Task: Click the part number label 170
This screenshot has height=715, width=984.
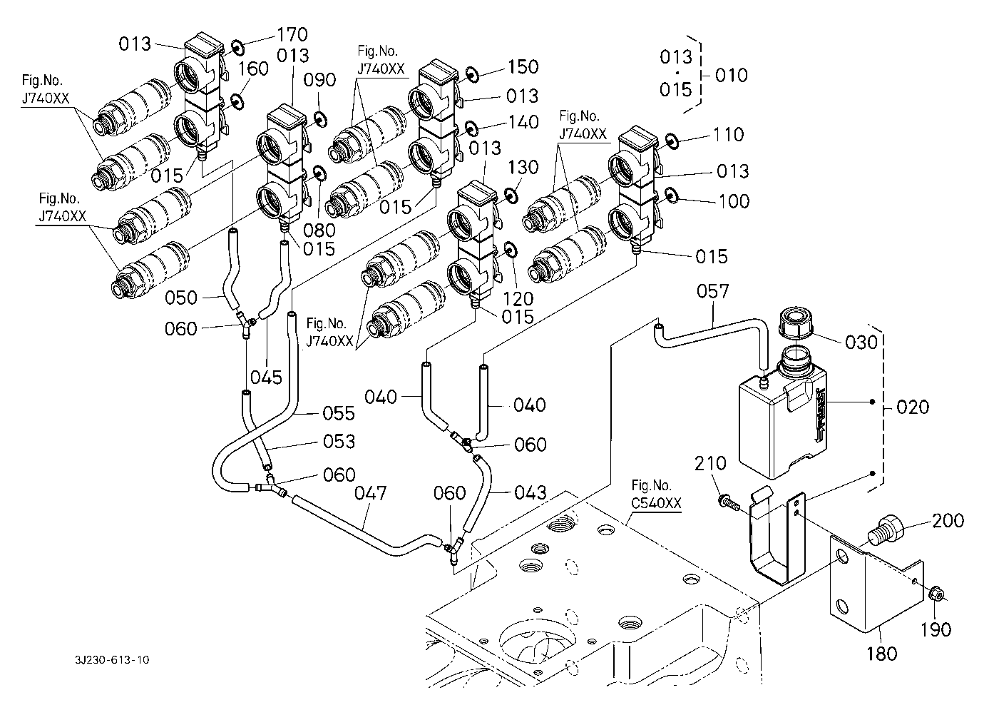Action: [292, 34]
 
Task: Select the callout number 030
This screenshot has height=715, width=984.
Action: [861, 343]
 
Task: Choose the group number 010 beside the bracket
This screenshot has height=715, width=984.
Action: [732, 75]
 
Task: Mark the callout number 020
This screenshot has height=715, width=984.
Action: [913, 407]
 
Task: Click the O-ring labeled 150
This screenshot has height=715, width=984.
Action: [471, 73]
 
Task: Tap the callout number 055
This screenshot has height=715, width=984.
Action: [339, 413]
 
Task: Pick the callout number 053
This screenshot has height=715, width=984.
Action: [339, 442]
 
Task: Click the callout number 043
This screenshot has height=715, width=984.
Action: [531, 492]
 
